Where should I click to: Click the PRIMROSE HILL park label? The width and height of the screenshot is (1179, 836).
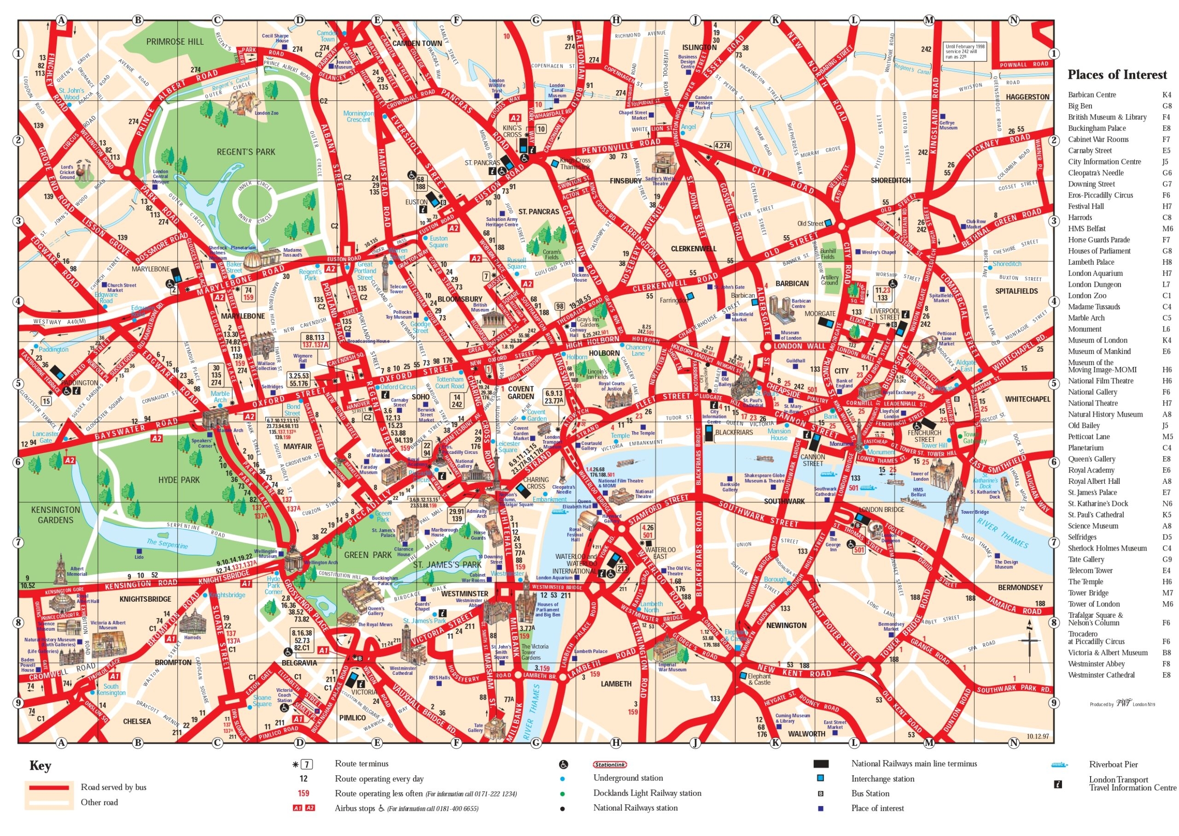point(175,42)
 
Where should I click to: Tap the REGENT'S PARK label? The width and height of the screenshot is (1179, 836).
point(245,152)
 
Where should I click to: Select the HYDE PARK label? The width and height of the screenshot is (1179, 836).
point(179,480)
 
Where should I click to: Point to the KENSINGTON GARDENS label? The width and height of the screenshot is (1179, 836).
point(56,514)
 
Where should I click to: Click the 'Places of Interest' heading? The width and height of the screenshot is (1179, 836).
point(1117,75)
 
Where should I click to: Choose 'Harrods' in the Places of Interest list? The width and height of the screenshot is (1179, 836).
point(1080,217)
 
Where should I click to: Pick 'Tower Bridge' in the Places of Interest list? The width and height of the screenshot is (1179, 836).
point(1088,592)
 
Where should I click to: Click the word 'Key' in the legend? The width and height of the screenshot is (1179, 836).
point(40,766)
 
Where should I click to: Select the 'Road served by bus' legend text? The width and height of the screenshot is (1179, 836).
point(113,787)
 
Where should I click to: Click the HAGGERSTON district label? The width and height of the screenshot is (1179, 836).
point(1027,97)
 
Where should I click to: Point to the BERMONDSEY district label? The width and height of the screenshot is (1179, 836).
point(1020,587)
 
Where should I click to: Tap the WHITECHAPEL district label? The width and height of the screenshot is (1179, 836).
point(1027,399)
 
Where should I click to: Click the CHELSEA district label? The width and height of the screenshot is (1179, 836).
point(137,721)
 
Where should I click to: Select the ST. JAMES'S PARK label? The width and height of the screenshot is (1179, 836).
point(447,565)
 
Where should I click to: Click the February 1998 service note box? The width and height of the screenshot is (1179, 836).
point(965,52)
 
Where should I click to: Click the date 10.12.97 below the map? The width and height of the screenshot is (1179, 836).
point(1038,736)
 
